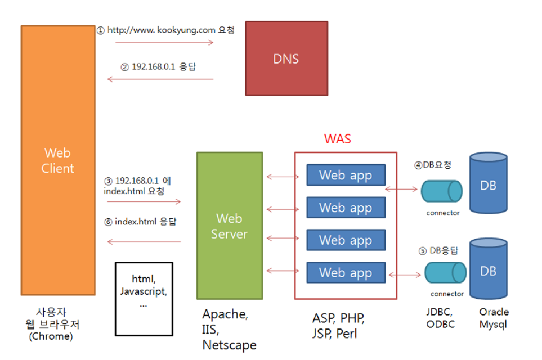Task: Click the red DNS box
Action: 286,58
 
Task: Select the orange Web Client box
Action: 57,160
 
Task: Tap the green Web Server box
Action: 229,226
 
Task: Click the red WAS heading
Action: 337,138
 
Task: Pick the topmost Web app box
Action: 346,175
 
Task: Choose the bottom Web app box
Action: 346,273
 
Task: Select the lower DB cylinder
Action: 488,271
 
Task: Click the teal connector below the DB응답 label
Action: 445,273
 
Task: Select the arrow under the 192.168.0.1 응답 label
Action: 160,79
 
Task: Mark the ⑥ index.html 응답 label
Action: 140,222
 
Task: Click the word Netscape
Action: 229,345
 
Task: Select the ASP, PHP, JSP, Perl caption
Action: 338,326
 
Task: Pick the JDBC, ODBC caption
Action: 440,318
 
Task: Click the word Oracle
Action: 494,312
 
